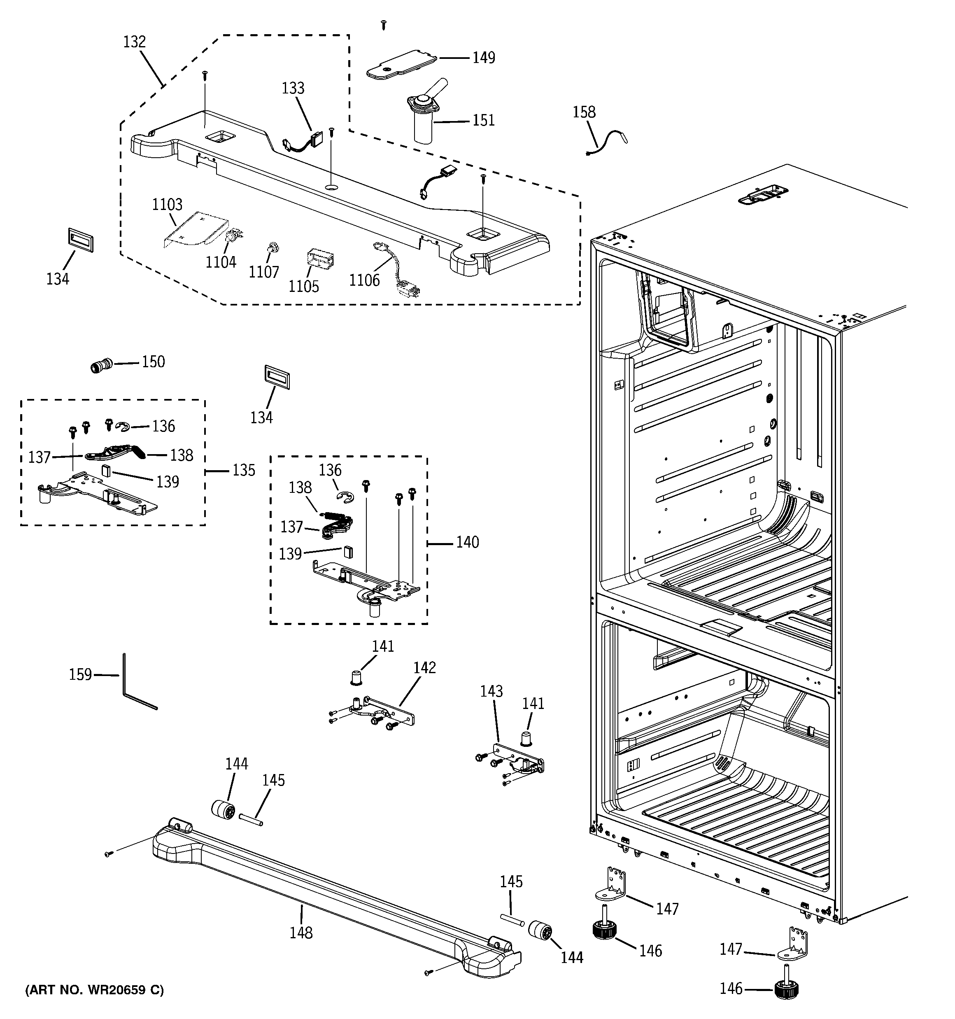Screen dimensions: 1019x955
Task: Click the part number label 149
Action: pyautogui.click(x=483, y=57)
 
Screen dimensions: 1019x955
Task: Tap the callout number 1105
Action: pyautogui.click(x=303, y=286)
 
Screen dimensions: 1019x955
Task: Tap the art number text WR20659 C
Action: pyautogui.click(x=94, y=990)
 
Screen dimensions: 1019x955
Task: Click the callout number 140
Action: pyautogui.click(x=467, y=542)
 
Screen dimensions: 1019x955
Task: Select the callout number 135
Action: pyautogui.click(x=244, y=470)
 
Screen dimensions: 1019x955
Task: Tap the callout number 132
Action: pyautogui.click(x=134, y=42)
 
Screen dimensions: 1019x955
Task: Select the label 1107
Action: pyautogui.click(x=263, y=272)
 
